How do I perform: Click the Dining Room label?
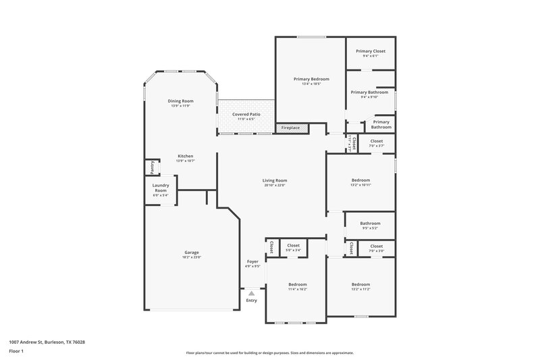[x=180, y=101]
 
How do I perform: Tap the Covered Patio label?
[x=246, y=115]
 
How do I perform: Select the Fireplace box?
[x=291, y=128]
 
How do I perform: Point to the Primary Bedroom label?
[x=310, y=79]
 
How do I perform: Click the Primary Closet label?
[x=370, y=51]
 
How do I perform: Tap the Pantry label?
[x=153, y=167]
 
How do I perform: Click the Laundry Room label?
[x=160, y=188]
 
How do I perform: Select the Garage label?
[x=190, y=253]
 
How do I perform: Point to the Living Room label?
[x=275, y=180]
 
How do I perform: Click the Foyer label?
[x=252, y=261]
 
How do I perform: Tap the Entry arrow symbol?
[x=252, y=294]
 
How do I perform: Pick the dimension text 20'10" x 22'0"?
[x=275, y=186]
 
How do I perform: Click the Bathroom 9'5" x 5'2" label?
[x=370, y=224]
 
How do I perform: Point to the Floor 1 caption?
[x=16, y=352]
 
